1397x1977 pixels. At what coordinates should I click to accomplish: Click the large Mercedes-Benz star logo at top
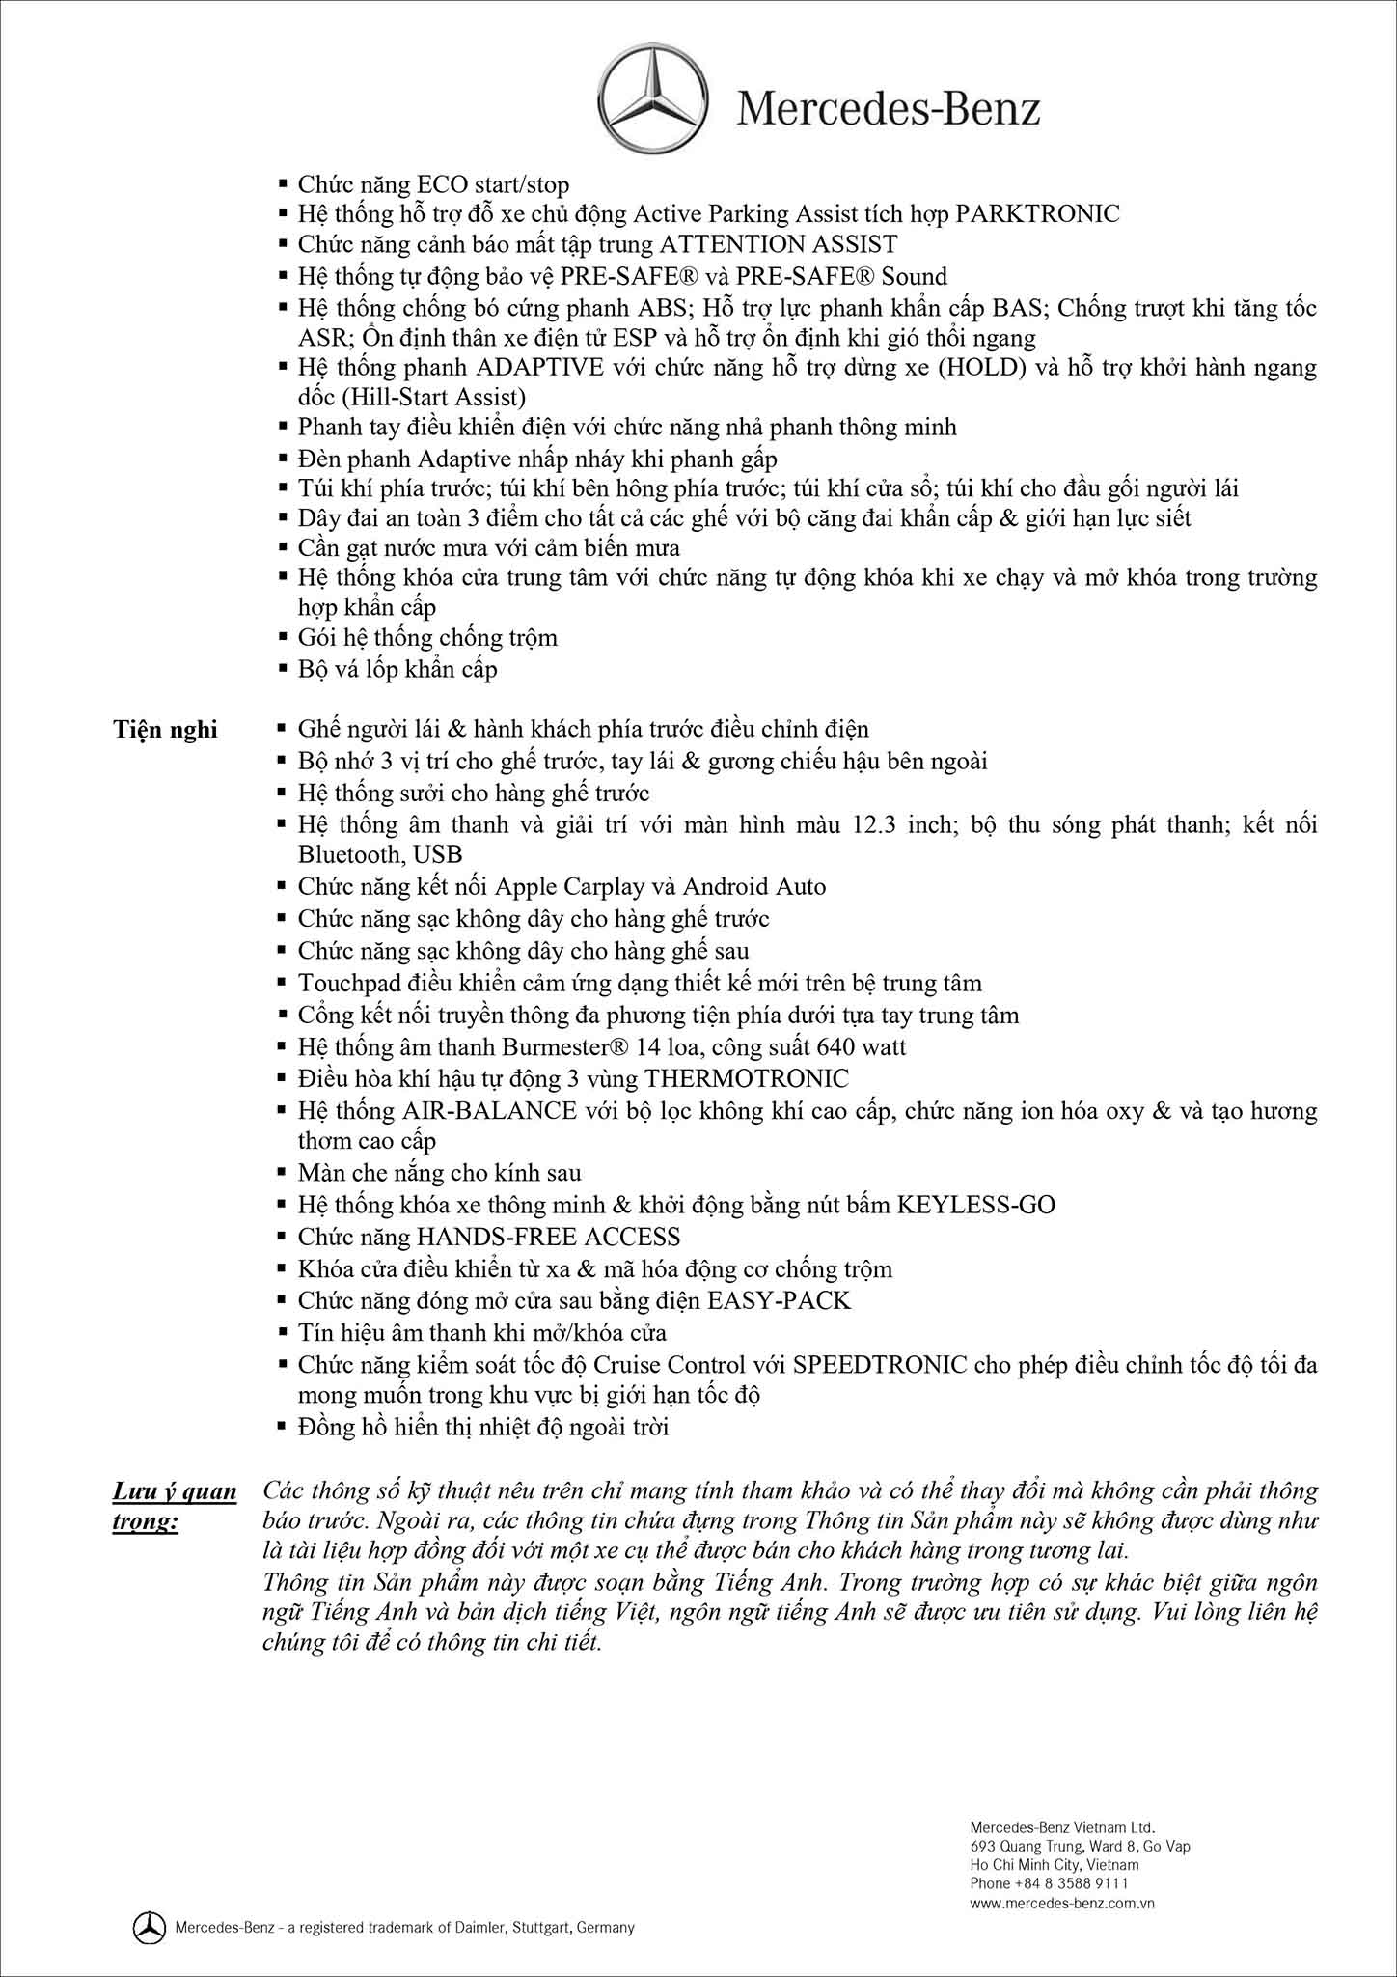point(655,100)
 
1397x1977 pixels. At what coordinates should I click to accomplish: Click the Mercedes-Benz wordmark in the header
point(889,109)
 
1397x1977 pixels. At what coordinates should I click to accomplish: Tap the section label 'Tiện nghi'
point(165,730)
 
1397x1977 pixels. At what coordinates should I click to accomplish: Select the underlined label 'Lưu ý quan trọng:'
point(175,1505)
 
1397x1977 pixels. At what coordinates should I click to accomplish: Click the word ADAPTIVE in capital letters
point(540,368)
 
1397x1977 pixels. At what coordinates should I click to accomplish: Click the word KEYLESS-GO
point(975,1205)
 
